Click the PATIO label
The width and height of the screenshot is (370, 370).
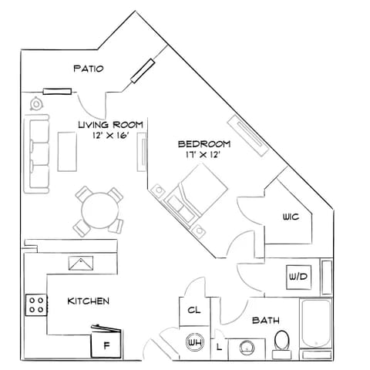(x=89, y=69)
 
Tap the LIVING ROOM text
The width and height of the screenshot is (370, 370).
(x=110, y=125)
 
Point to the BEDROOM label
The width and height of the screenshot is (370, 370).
(x=204, y=144)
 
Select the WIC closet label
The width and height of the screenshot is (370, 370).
(x=291, y=217)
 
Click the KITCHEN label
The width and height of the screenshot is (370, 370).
(x=88, y=301)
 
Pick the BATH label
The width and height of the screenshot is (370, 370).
(x=266, y=321)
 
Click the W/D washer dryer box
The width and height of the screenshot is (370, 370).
(x=299, y=277)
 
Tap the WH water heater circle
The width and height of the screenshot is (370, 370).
(x=195, y=342)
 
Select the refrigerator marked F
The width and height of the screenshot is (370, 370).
(x=106, y=341)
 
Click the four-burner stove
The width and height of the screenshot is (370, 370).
(x=36, y=305)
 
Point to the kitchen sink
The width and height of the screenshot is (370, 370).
(x=81, y=263)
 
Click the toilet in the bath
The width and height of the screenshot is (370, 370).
(x=282, y=345)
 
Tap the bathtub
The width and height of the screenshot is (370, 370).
(x=316, y=323)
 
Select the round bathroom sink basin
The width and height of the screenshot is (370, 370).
(x=247, y=348)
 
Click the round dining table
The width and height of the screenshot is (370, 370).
(x=100, y=210)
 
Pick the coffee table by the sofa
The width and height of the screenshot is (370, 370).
(x=67, y=152)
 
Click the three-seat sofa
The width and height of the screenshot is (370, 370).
(x=36, y=153)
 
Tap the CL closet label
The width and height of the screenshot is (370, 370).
(x=194, y=310)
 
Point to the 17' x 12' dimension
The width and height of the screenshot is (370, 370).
(x=203, y=155)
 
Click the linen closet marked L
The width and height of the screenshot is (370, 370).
(x=219, y=348)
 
